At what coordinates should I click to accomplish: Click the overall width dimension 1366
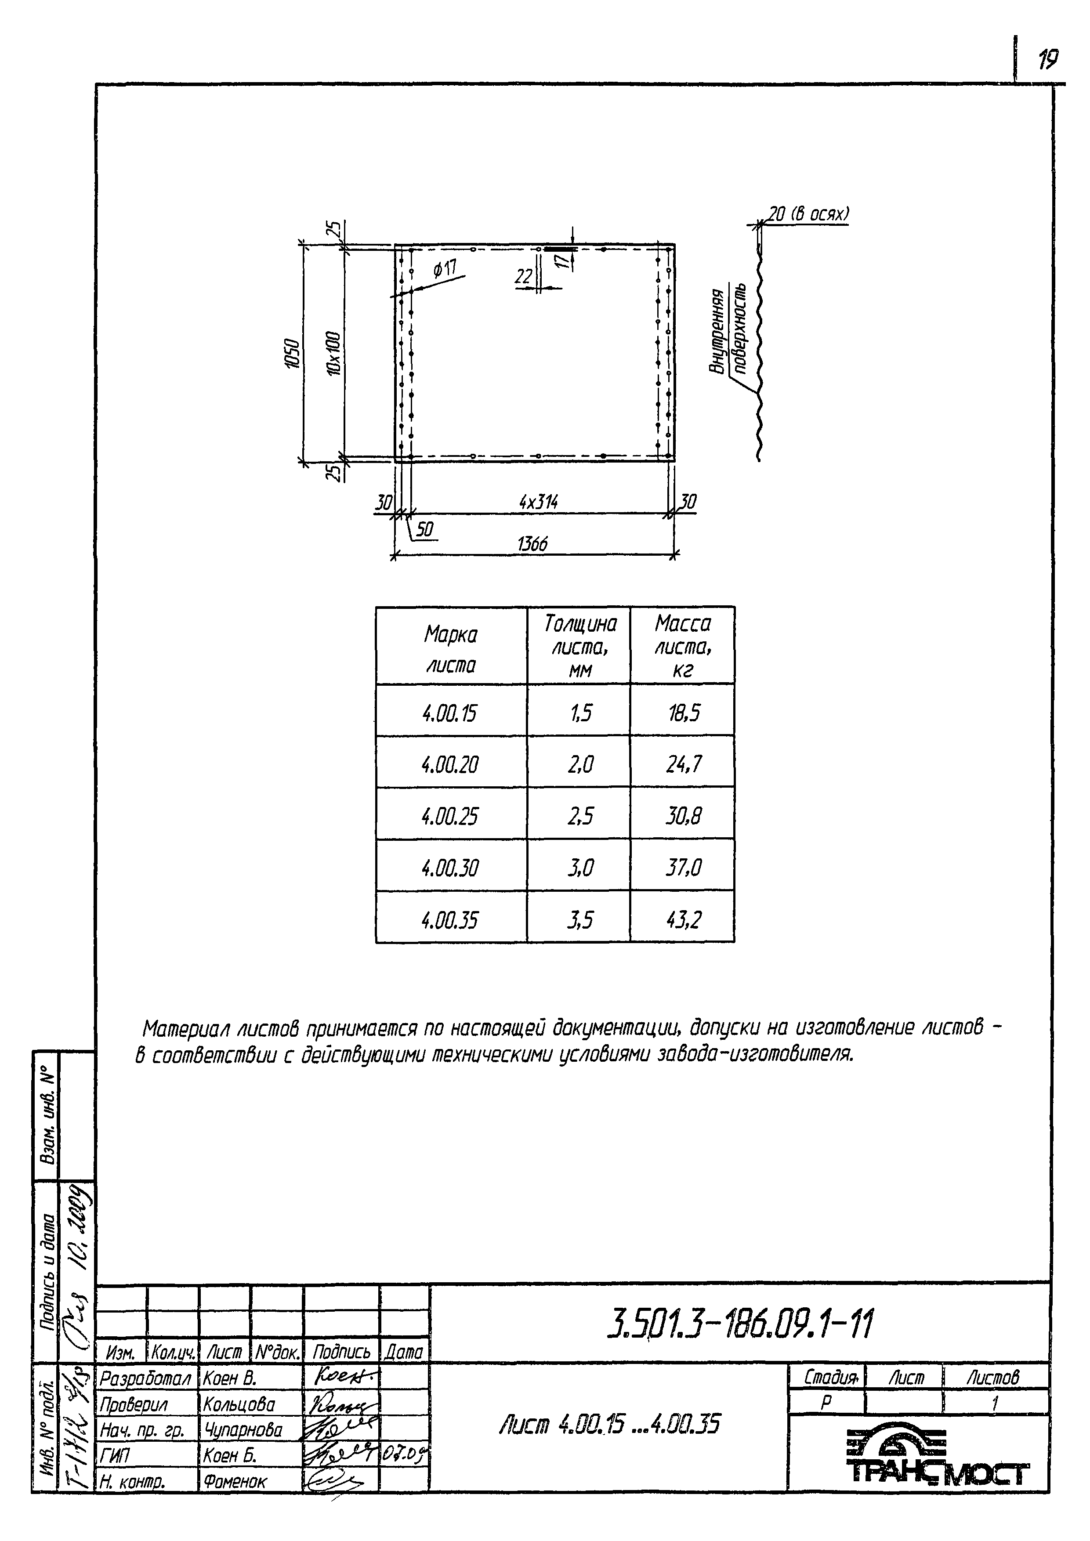tap(532, 543)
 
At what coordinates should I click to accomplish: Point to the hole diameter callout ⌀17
tap(444, 270)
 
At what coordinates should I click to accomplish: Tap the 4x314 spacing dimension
tap(538, 501)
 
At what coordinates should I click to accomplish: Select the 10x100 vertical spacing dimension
tap(333, 354)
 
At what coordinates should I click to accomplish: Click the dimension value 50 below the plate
tap(425, 529)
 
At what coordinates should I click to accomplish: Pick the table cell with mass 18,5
tap(683, 712)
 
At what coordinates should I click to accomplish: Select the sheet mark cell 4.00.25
tap(450, 816)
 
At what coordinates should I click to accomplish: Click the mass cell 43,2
tap(683, 919)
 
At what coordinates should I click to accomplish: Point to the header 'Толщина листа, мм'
tap(579, 646)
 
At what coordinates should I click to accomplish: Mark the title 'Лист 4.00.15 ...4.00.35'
tap(609, 1424)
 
